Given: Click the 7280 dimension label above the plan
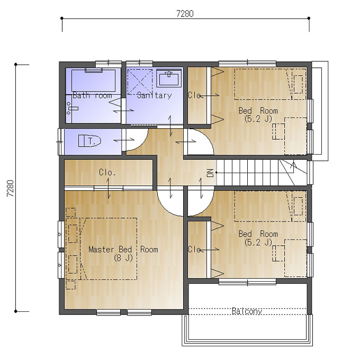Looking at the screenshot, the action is coord(185,14).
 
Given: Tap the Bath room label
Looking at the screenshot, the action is coord(92,95).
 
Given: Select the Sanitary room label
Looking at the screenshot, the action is coord(154,95).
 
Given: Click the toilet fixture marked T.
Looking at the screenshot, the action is coord(89,141).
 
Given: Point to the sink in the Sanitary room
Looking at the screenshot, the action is coord(169,78).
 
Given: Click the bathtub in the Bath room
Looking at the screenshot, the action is coord(94,80).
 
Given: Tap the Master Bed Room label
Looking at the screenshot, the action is coord(123,249).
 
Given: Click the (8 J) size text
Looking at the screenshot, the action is coord(123,258).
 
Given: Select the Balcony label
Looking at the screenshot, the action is coord(247,311).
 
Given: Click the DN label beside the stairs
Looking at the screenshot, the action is coord(210,173).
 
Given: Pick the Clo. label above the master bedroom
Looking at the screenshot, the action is coord(107,172).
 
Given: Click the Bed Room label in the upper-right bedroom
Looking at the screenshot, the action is coord(258,111).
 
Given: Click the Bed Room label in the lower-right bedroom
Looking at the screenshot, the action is coord(258,234).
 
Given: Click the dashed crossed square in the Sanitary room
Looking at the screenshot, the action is coord(140,82).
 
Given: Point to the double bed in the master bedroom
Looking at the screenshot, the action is coord(109,249).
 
